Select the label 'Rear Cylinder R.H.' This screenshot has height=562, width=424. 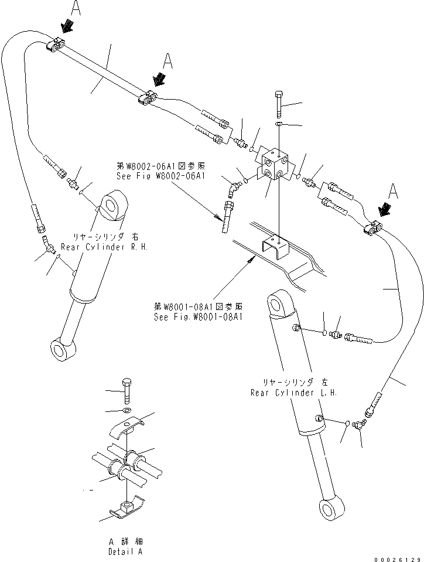point(110,247)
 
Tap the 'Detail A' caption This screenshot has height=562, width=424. point(125,551)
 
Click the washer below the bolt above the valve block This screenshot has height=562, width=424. point(279,125)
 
